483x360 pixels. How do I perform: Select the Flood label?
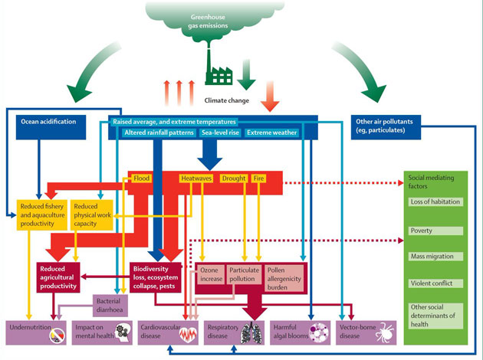tap(141, 178)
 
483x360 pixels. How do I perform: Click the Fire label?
tap(261, 178)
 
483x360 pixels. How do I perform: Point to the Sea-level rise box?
tap(220, 133)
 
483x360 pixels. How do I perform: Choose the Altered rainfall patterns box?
tap(159, 133)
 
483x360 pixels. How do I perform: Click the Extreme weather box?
tap(271, 133)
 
